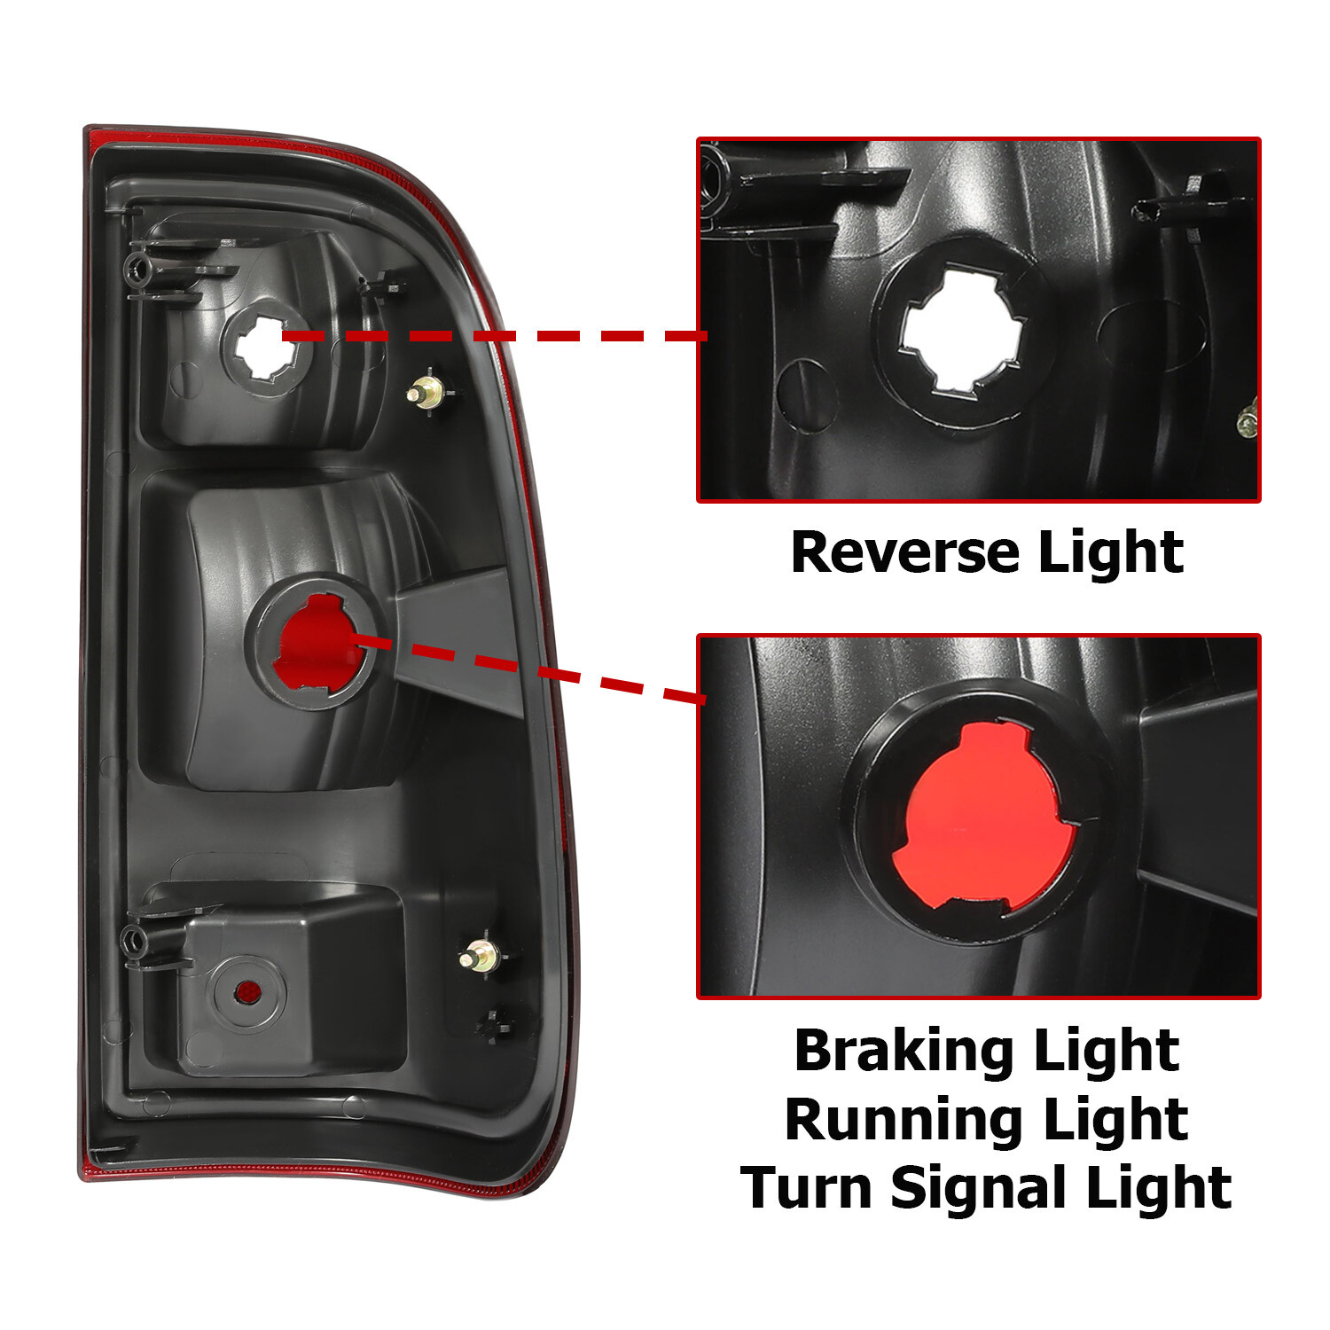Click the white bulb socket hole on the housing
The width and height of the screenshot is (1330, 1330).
(x=265, y=351)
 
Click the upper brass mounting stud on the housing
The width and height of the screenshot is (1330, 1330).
(x=426, y=391)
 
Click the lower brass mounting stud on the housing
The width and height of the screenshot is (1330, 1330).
(x=481, y=957)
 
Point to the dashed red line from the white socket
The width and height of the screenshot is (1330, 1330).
(x=497, y=336)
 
